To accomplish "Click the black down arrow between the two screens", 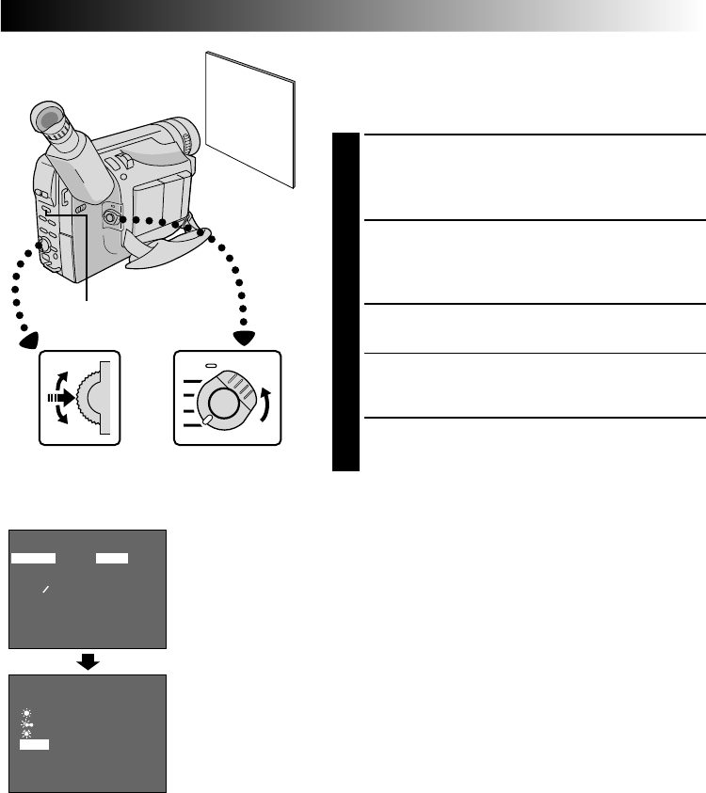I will [88, 661].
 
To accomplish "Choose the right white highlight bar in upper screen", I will [112, 558].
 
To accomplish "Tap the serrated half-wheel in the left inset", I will [93, 399].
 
